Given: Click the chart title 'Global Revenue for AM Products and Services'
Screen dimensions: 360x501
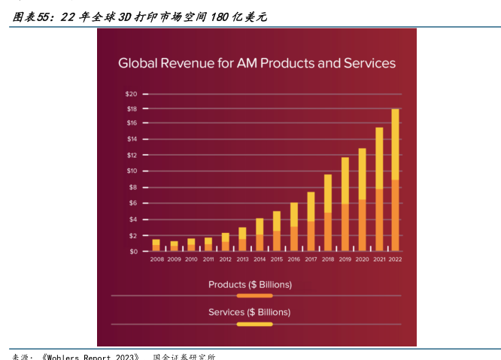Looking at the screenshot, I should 257,63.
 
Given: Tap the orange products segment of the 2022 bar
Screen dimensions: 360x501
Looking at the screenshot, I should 395,215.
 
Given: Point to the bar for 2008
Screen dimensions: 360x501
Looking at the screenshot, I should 156,245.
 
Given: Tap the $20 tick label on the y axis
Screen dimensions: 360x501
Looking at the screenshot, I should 132,94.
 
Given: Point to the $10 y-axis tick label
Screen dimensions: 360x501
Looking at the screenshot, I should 132,171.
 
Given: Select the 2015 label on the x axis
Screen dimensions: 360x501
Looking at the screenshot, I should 277,259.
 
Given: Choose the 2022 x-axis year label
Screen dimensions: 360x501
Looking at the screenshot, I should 395,259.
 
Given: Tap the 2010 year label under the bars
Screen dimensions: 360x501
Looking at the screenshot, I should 191,259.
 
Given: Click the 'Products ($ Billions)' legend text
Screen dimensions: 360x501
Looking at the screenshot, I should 250,285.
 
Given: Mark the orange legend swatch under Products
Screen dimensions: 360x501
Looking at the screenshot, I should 254,296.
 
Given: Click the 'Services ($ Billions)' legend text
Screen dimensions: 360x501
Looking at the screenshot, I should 250,312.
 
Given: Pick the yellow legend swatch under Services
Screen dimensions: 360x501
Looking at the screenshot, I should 254,324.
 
